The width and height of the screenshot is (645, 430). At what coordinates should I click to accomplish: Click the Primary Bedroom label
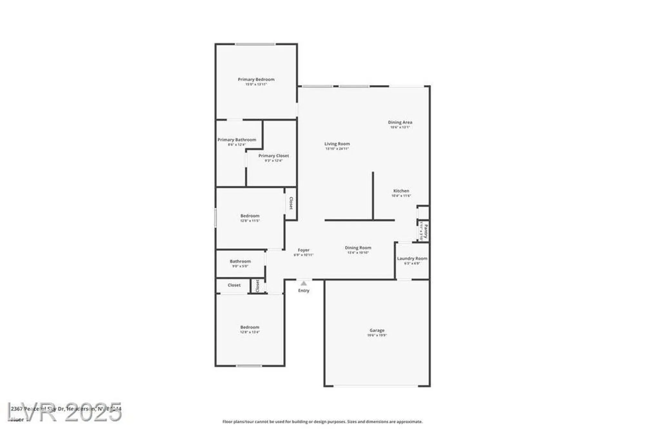tap(256, 79)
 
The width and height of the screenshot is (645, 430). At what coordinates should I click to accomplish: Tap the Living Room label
tap(337, 144)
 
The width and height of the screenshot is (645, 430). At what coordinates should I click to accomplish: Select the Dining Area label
tap(400, 122)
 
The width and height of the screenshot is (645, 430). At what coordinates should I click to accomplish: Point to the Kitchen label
tap(401, 191)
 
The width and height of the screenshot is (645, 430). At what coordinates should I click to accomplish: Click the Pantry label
tap(426, 231)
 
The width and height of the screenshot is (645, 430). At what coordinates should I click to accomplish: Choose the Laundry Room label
tap(412, 259)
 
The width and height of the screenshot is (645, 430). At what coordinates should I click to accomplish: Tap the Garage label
tap(377, 330)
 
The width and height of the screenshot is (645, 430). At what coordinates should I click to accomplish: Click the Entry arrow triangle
tap(303, 283)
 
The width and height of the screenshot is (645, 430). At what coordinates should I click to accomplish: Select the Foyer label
tap(303, 250)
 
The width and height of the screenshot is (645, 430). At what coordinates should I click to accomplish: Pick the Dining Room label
tap(358, 248)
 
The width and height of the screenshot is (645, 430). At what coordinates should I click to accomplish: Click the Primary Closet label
tap(273, 156)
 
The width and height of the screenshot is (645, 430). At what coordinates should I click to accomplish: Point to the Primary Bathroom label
tap(237, 140)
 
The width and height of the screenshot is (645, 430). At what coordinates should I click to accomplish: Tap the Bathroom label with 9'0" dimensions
tap(240, 261)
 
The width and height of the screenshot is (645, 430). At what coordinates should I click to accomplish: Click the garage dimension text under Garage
tap(377, 335)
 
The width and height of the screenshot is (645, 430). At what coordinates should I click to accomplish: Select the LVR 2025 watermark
tap(64, 412)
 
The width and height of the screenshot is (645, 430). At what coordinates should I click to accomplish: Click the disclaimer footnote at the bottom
tap(322, 422)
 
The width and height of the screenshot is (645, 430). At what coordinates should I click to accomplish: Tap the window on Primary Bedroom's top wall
tap(255, 44)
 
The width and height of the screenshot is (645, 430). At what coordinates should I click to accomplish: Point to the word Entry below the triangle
tap(303, 291)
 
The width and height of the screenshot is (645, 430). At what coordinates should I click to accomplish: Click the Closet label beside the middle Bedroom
tap(291, 203)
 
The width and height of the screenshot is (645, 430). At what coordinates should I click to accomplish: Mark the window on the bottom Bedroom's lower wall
tap(249, 366)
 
